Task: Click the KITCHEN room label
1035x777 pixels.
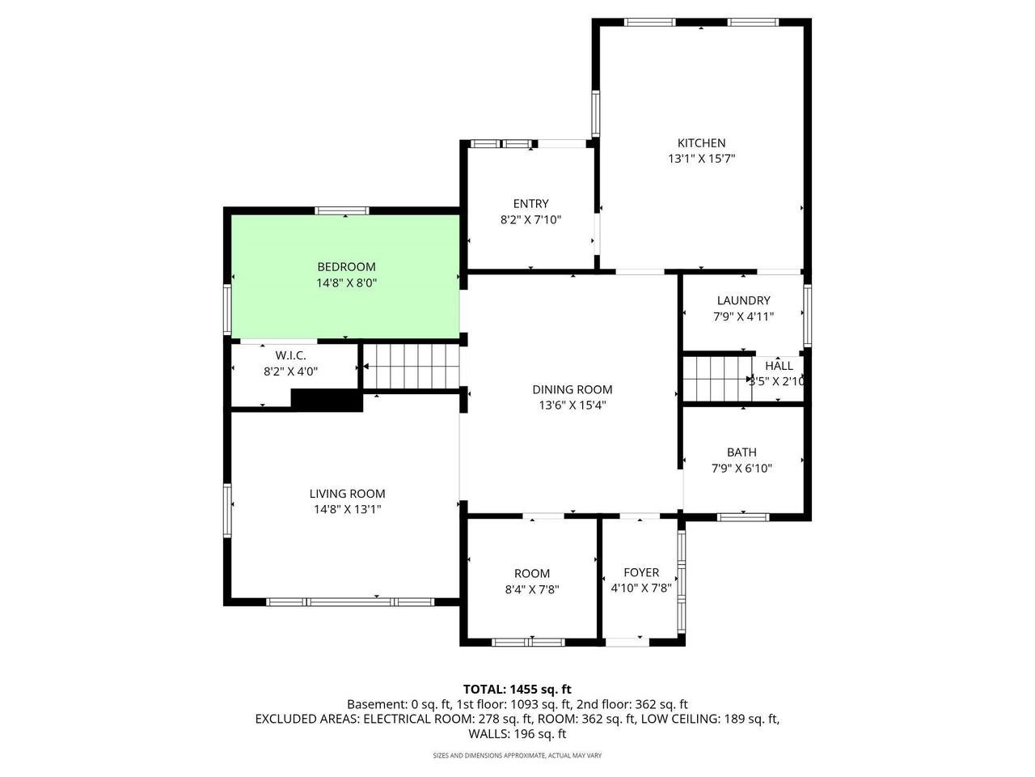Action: tap(701, 143)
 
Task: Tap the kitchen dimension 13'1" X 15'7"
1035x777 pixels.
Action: tap(701, 159)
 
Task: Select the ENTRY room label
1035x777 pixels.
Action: tap(530, 204)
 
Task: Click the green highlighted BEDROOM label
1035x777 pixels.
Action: tap(346, 267)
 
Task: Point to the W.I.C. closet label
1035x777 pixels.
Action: tap(290, 355)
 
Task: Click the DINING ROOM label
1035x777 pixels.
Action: tap(572, 389)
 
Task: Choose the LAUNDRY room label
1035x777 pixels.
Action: tap(743, 300)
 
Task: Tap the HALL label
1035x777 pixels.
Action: tap(779, 366)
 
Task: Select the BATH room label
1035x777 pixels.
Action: tap(741, 452)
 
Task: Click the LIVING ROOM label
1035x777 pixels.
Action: tap(347, 494)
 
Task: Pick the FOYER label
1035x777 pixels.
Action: tap(641, 573)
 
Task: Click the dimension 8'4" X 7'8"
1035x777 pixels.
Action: tap(532, 589)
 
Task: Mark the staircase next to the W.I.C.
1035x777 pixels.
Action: tap(411, 366)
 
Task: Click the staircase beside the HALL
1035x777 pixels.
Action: tap(716, 378)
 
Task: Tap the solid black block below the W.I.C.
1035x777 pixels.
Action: tap(326, 401)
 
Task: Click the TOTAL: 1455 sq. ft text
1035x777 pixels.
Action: tap(517, 689)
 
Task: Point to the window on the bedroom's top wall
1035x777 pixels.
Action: tap(342, 210)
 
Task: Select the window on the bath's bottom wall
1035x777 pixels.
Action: tap(743, 516)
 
